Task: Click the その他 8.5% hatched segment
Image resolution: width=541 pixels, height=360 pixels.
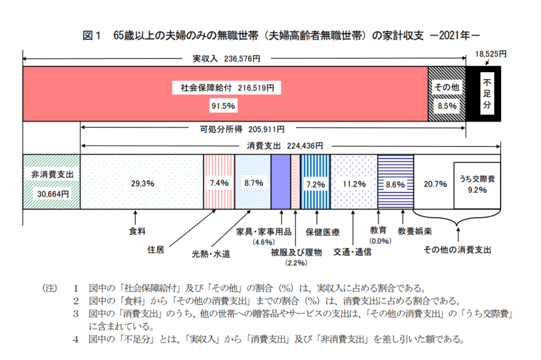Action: pyautogui.click(x=447, y=95)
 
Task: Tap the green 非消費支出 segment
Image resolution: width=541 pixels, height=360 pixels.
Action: pyautogui.click(x=52, y=183)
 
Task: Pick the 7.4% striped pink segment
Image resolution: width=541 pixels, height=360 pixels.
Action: pyautogui.click(x=220, y=183)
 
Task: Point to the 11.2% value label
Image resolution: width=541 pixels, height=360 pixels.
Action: pyautogui.click(x=353, y=183)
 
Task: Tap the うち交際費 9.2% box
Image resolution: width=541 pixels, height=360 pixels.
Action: pyautogui.click(x=477, y=184)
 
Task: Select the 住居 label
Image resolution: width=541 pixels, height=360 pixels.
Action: pyautogui.click(x=156, y=250)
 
